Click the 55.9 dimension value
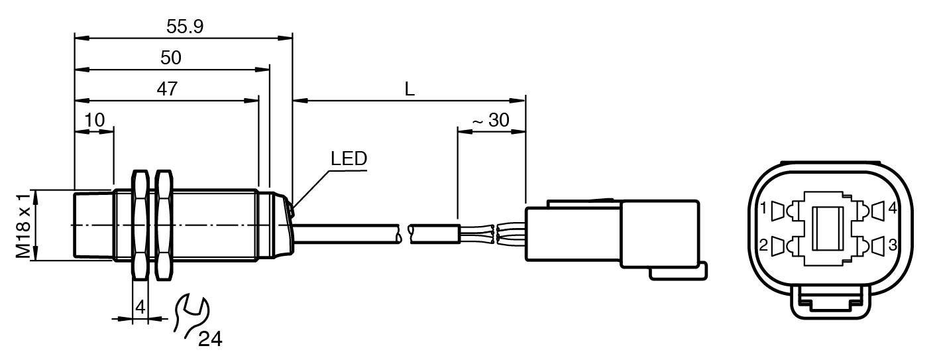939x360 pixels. click(x=185, y=27)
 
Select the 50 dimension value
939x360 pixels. click(x=170, y=58)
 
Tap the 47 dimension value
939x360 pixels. click(x=167, y=89)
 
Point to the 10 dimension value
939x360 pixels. click(x=94, y=121)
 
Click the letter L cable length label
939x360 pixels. click(x=410, y=89)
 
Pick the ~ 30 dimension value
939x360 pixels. click(x=490, y=121)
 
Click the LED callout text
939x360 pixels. click(x=349, y=158)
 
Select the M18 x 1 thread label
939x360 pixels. click(x=23, y=225)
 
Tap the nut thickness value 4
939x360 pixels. click(x=140, y=307)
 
